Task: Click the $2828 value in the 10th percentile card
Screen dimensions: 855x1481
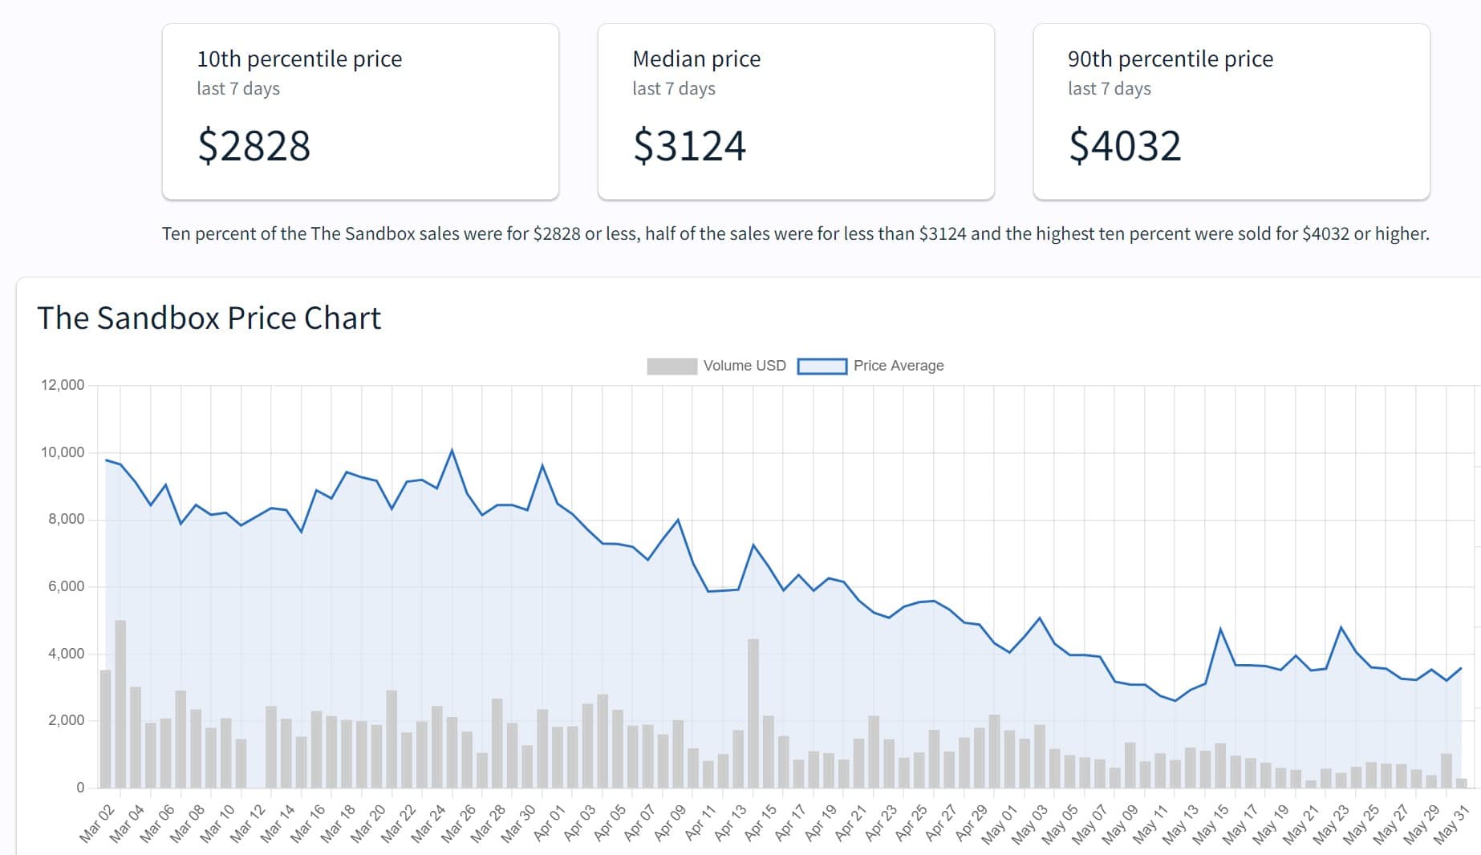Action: pos(254,146)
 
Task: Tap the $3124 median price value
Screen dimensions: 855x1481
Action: pos(689,146)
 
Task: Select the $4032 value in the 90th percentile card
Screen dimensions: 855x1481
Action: pos(1125,146)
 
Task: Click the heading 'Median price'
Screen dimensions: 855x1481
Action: pos(696,59)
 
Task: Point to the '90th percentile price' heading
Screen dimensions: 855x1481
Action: pos(1170,59)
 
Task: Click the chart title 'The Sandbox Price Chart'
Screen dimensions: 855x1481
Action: pos(209,318)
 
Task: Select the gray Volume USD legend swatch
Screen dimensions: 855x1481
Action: pos(672,366)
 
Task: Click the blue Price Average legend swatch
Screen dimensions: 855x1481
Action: pos(822,366)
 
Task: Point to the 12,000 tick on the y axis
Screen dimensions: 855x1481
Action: pos(63,385)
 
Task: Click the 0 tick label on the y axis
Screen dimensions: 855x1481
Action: pos(80,788)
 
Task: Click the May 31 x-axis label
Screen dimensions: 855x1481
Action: pos(1451,823)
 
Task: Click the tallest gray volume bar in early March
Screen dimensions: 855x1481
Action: pos(120,703)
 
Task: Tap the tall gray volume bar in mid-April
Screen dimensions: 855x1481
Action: pos(753,713)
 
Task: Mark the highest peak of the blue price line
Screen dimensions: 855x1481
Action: pos(452,450)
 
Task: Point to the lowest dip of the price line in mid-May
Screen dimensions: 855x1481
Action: pos(1175,701)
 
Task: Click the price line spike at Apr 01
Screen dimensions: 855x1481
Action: pos(542,465)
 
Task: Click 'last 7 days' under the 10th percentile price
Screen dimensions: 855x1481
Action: pos(238,89)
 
